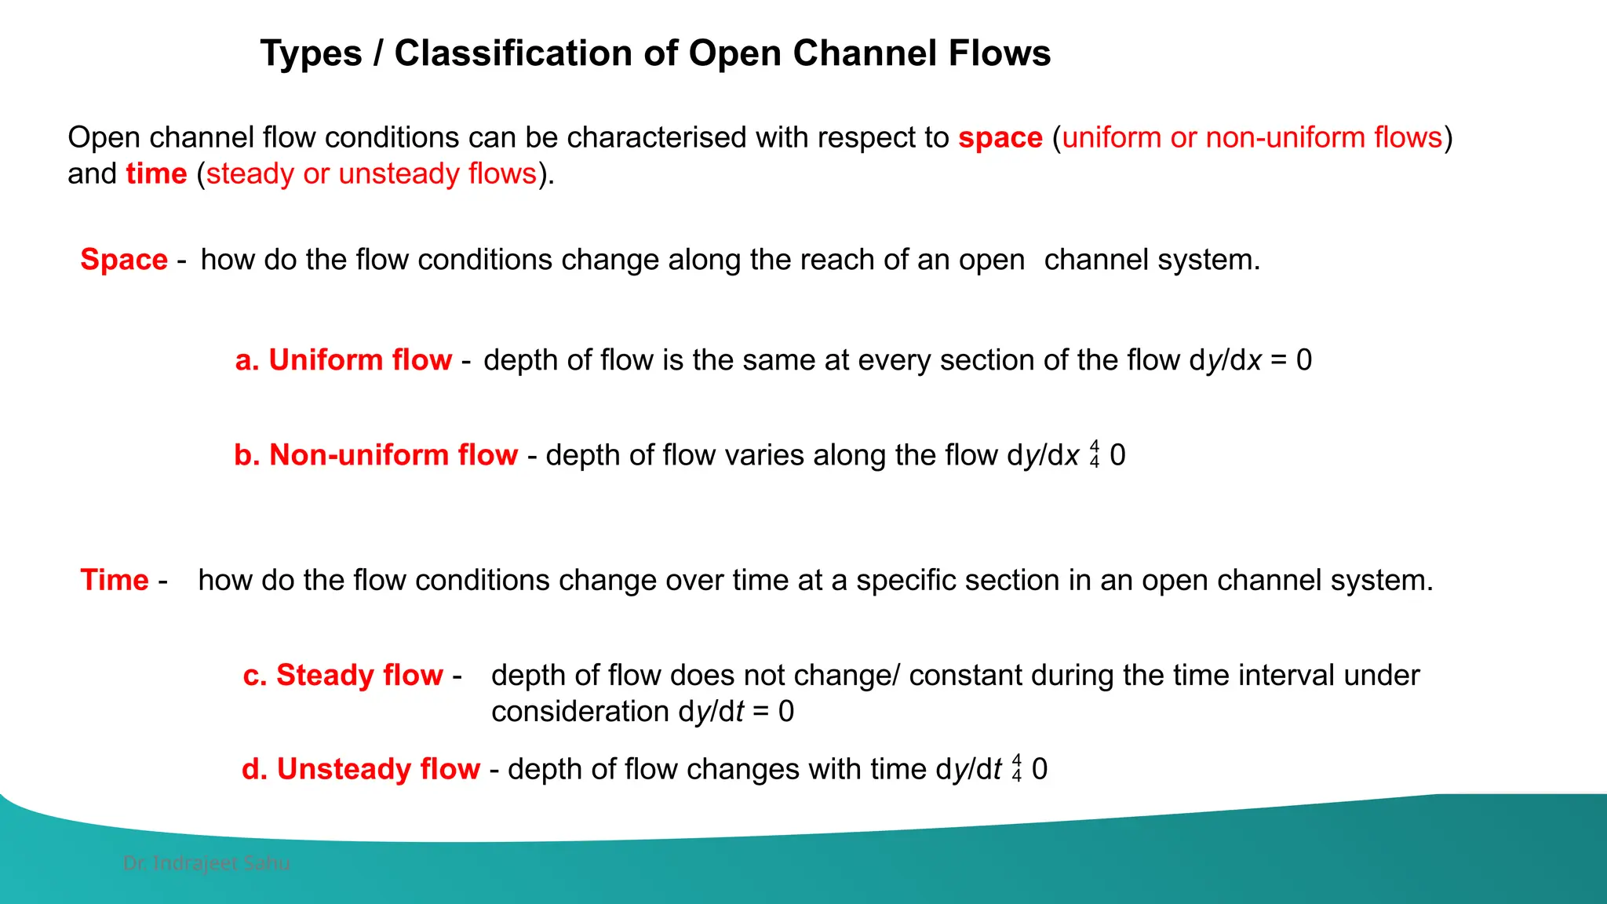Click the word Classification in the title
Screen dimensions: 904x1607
(513, 53)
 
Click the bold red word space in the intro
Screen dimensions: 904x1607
(1000, 137)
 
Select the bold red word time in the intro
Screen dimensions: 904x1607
(156, 173)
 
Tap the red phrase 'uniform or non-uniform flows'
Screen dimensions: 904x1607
(1252, 137)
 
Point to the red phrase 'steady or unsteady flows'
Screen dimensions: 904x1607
(371, 173)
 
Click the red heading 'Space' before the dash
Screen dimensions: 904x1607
(124, 260)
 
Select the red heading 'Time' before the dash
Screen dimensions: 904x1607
(115, 580)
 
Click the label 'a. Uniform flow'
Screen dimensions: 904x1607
(344, 360)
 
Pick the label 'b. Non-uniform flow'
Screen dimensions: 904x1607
(376, 455)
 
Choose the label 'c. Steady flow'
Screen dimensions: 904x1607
(343, 675)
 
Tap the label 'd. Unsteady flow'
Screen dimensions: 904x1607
(361, 769)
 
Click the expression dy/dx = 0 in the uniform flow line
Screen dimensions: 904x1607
(1250, 360)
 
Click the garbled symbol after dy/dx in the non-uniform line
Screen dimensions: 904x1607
(1095, 455)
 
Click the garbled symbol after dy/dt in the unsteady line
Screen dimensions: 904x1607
(1017, 769)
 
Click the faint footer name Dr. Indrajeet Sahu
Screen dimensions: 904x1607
(206, 863)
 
